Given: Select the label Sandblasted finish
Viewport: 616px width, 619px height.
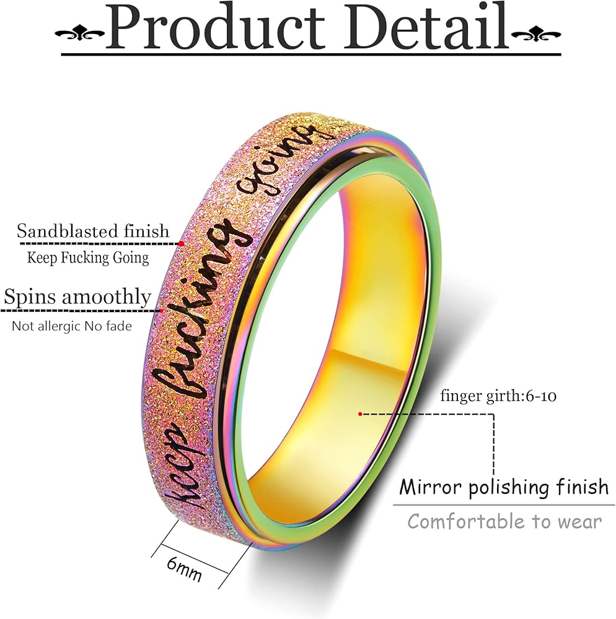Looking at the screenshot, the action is click(x=93, y=232).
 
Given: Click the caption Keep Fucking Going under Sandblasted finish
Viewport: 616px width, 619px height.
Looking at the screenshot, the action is click(x=88, y=258).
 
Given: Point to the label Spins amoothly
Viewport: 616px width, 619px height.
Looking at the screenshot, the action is click(x=77, y=298).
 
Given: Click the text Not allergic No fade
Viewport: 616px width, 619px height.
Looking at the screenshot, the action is click(x=72, y=326).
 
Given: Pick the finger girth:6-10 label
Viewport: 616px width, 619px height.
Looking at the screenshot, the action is click(x=498, y=396).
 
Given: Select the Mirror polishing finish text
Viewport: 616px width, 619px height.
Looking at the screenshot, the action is click(x=504, y=487).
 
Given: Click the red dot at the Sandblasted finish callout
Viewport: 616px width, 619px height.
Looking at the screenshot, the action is click(x=181, y=244).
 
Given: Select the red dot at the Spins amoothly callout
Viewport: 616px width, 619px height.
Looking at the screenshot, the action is click(x=162, y=310).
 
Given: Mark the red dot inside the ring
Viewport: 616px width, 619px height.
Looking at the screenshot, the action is click(x=359, y=413).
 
